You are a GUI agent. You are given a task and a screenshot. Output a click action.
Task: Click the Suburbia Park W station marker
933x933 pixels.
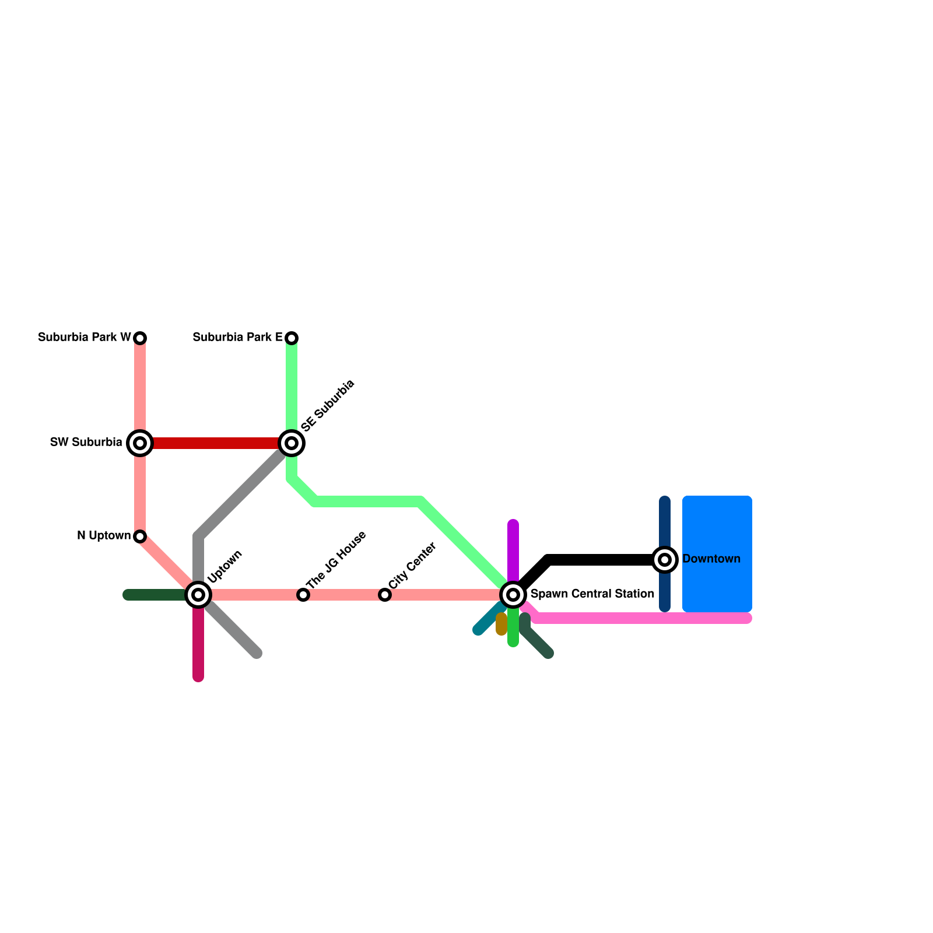pos(140,338)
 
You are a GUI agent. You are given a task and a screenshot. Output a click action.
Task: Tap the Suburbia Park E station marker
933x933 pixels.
pos(292,338)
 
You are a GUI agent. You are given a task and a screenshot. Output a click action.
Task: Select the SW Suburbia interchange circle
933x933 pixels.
pos(140,443)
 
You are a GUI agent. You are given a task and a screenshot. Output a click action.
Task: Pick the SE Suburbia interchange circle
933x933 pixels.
pos(292,443)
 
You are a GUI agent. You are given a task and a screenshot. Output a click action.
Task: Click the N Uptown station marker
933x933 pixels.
pos(140,536)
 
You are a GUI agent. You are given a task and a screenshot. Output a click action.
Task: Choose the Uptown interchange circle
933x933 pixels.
pos(198,595)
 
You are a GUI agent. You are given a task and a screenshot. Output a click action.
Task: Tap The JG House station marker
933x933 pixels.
pos(303,595)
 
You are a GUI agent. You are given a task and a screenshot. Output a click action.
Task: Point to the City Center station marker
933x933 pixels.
pos(385,595)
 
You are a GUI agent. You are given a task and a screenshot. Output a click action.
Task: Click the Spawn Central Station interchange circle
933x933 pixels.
pos(513,595)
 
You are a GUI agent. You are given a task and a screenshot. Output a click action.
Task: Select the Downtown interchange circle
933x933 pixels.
pos(665,560)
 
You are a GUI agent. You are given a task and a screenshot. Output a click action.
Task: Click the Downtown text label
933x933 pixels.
pos(711,559)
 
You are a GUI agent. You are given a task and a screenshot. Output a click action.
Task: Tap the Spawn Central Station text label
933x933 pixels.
pos(592,594)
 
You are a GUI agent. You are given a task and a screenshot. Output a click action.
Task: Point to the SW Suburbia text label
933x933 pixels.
pos(86,443)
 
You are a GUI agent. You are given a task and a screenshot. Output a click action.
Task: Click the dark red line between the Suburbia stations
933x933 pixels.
pos(216,443)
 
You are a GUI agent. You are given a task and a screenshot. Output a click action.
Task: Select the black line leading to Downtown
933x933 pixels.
pos(601,560)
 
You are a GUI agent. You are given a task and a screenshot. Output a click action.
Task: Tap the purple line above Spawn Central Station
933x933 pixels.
pos(513,548)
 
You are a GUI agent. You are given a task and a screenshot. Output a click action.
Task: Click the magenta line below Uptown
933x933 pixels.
pos(198,647)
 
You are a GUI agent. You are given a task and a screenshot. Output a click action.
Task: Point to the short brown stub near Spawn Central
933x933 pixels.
pos(501,625)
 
